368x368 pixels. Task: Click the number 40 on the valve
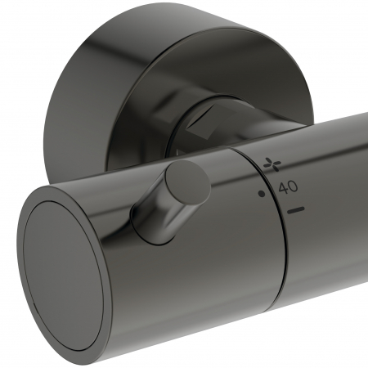click(288, 188)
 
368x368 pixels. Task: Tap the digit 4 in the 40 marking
click(283, 189)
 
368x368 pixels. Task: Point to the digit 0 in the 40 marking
click(293, 187)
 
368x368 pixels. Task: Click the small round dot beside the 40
click(262, 194)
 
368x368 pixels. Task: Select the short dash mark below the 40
click(296, 210)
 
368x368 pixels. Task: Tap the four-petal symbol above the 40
click(272, 164)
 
